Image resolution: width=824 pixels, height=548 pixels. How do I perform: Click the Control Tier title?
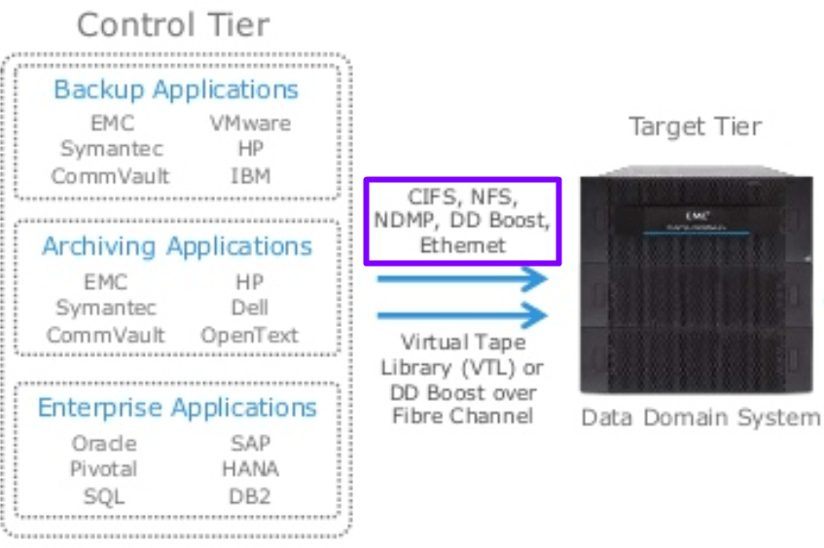point(173,24)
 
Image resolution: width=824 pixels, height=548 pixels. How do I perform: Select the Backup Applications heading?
point(176,91)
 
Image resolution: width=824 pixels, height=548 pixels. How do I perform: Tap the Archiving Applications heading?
point(177,246)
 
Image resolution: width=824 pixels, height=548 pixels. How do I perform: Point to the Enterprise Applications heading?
point(177,407)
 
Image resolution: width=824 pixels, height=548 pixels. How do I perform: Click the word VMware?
point(250,124)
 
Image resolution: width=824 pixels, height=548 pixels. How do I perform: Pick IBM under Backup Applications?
point(251,176)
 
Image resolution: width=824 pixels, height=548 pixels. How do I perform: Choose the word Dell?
point(250,309)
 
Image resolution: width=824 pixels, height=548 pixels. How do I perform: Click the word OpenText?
point(250,335)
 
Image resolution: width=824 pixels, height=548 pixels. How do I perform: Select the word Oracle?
point(104,443)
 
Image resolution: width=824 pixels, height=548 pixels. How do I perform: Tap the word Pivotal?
point(104,469)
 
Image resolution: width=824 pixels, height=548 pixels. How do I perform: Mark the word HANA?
point(250,469)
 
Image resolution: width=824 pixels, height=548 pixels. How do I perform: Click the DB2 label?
point(250,495)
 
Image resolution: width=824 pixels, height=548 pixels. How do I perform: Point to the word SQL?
point(104,495)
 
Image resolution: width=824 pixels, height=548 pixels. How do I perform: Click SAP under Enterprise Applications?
point(250,443)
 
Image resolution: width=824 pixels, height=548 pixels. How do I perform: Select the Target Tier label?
point(695,127)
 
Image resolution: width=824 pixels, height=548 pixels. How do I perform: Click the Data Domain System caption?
point(700,418)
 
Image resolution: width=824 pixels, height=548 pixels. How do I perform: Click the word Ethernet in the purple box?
point(462,245)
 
